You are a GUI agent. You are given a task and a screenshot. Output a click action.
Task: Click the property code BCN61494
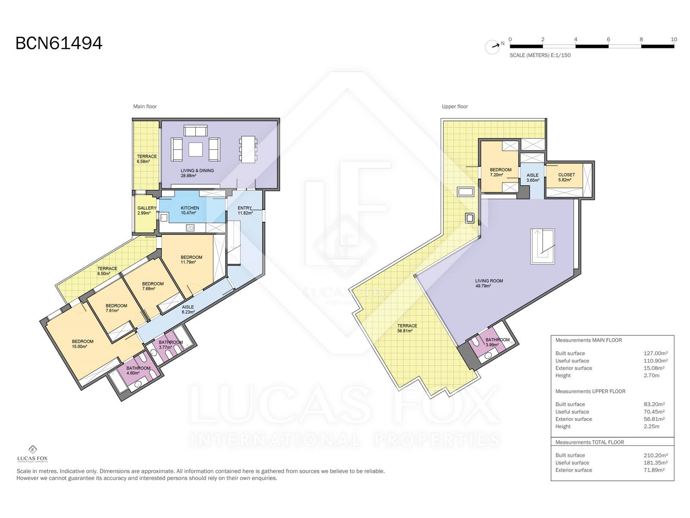59,44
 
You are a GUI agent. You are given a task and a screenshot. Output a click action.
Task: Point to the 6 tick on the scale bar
608,40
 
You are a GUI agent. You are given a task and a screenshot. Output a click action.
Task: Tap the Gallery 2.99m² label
147,210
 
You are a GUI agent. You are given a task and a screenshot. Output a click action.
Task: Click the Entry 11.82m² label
245,210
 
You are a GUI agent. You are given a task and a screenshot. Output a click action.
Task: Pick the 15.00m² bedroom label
82,344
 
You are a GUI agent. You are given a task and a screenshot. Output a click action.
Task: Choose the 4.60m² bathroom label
138,370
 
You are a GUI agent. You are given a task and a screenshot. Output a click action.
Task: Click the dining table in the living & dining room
248,149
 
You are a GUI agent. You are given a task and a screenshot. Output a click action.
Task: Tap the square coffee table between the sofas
195,149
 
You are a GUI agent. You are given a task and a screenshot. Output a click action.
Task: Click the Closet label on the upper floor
567,177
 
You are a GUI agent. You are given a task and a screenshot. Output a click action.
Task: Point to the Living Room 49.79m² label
489,283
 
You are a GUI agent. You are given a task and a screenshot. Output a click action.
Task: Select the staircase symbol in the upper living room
543,246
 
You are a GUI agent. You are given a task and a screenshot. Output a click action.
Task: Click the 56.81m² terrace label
407,328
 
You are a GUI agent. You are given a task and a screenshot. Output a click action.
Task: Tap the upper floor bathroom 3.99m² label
497,342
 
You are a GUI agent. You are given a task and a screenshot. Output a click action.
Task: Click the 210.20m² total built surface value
655,455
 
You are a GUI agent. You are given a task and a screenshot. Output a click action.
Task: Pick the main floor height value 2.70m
651,375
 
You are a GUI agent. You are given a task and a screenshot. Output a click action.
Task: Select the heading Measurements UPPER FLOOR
590,391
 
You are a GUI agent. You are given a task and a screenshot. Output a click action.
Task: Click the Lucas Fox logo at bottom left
32,454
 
